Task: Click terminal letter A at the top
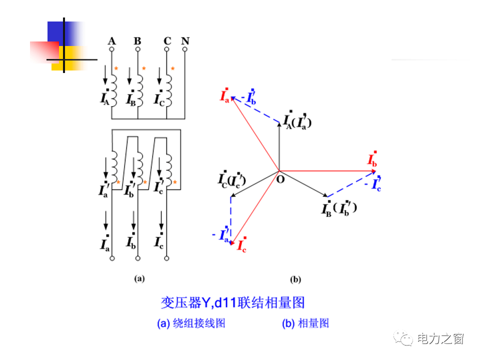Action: click(x=112, y=40)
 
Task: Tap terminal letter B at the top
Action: click(x=137, y=40)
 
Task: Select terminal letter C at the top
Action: click(x=167, y=40)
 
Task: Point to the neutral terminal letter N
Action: click(x=185, y=40)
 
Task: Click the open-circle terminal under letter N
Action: click(x=185, y=50)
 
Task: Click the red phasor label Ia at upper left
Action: click(x=225, y=95)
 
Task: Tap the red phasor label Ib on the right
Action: click(x=372, y=159)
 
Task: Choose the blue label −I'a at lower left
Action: click(x=221, y=234)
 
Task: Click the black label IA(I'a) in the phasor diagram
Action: click(x=297, y=120)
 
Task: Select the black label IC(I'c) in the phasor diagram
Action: click(x=231, y=179)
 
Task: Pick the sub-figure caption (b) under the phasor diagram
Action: click(x=295, y=280)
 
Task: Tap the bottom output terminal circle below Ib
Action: click(x=138, y=258)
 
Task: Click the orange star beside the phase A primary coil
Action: click(x=116, y=68)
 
